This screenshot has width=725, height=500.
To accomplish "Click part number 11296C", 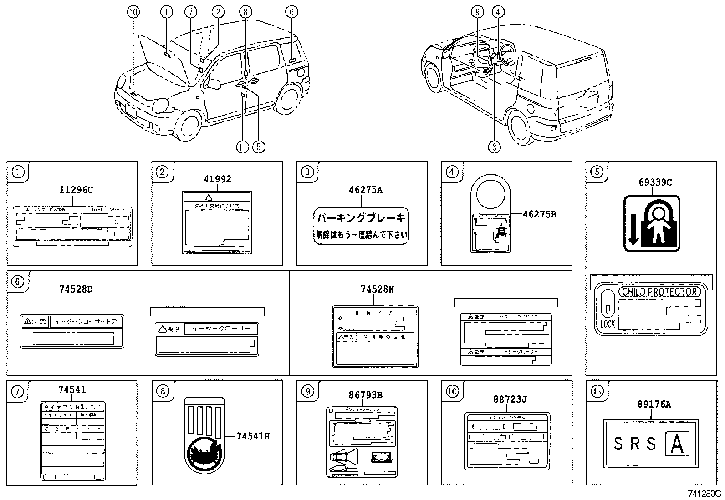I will [76, 190].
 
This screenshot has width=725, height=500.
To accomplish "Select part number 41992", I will [217, 179].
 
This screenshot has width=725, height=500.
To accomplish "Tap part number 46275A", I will [365, 190].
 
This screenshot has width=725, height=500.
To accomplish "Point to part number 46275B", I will [539, 214].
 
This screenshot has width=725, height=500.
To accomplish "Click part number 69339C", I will [655, 182].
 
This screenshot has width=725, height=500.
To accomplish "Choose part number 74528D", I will [76, 289].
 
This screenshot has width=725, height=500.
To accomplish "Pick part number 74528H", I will [377, 289].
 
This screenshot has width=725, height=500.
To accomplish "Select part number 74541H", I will [253, 436].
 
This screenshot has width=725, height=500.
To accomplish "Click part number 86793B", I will [365, 395].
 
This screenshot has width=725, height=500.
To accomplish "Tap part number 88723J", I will [510, 399].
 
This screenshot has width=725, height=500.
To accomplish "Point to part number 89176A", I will [654, 404].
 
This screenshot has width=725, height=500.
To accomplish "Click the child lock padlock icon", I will [652, 224].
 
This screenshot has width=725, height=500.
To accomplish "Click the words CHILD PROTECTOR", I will [659, 292].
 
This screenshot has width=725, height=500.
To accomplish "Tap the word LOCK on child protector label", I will [608, 324].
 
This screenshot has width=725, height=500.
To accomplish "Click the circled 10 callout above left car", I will [133, 12].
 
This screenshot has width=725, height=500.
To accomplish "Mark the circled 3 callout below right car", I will [494, 146].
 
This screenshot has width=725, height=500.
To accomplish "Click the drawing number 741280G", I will [704, 494].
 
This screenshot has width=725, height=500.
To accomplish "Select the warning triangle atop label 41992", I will [209, 197].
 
